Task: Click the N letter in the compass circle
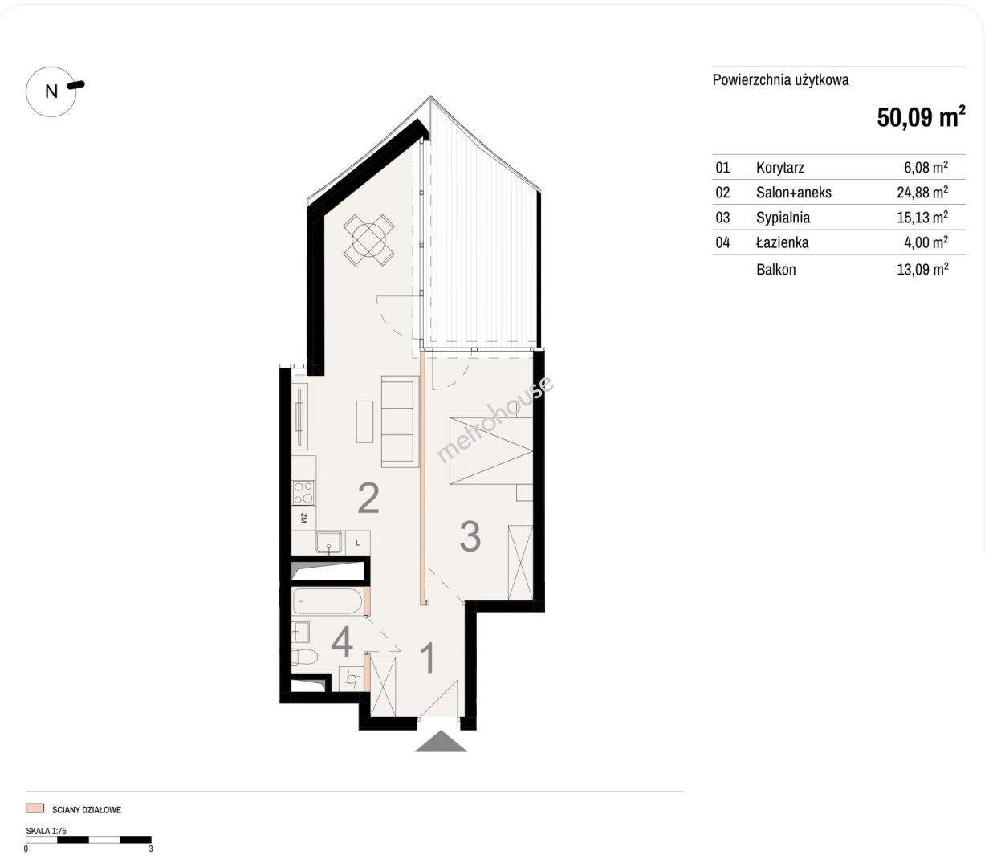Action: (x=51, y=92)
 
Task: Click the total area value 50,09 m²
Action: (x=921, y=117)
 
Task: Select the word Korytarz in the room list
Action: (x=780, y=168)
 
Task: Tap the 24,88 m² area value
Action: (x=922, y=192)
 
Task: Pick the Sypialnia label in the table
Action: (x=783, y=218)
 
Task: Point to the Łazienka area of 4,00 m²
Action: (x=926, y=242)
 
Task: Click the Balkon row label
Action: (x=775, y=269)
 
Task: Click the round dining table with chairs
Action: (x=369, y=240)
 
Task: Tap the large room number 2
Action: (x=368, y=498)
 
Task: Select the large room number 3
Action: (x=470, y=536)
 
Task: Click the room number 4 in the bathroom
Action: (x=342, y=642)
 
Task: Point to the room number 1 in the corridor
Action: (x=427, y=658)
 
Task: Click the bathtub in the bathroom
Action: (x=328, y=601)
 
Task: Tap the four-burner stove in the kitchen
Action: (x=303, y=492)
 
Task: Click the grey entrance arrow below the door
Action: (x=441, y=741)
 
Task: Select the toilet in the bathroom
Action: (x=304, y=657)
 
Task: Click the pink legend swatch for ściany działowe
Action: (x=35, y=808)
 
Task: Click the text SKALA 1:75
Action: (x=46, y=831)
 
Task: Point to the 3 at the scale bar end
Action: (x=151, y=849)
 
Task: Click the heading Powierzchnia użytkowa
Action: (x=780, y=80)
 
